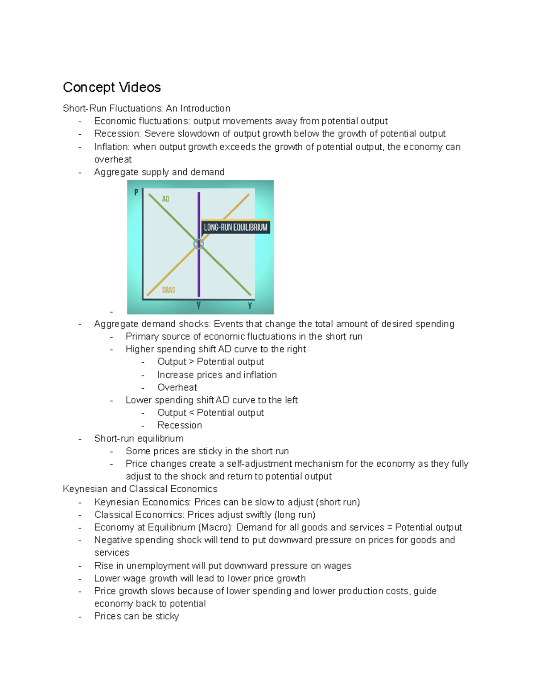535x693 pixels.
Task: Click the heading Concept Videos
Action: click(112, 87)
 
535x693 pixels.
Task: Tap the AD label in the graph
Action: click(165, 199)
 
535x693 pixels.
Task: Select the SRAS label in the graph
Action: click(169, 290)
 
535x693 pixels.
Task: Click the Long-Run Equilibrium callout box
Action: click(235, 227)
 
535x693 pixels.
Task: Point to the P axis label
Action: click(136, 192)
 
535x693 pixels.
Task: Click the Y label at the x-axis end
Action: click(250, 306)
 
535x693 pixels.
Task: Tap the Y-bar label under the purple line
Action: click(198, 306)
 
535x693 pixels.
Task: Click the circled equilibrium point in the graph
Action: click(199, 244)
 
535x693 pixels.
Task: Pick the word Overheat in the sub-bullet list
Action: click(177, 388)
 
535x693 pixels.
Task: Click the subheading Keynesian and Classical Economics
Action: click(140, 489)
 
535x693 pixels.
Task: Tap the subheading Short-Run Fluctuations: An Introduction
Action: click(147, 108)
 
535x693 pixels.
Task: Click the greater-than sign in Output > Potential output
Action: click(192, 362)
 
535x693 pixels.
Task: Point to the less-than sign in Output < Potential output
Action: click(192, 413)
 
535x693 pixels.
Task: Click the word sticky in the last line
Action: click(167, 616)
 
